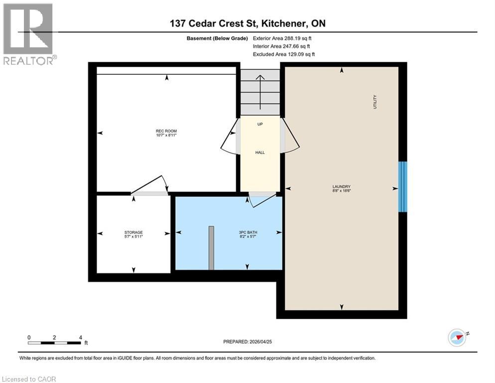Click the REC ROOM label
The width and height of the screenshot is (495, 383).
pos(166,132)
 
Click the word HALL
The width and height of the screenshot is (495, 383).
pos(259,153)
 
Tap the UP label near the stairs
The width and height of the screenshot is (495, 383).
pos(259,124)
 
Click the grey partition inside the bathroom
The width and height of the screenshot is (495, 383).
pos(212,248)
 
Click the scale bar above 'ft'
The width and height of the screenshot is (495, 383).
pos(55,343)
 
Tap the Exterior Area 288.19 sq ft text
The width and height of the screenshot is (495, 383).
pos(283,38)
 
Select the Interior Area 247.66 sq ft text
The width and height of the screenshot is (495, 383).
pos(283,46)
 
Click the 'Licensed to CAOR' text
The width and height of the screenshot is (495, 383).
pos(29,379)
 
